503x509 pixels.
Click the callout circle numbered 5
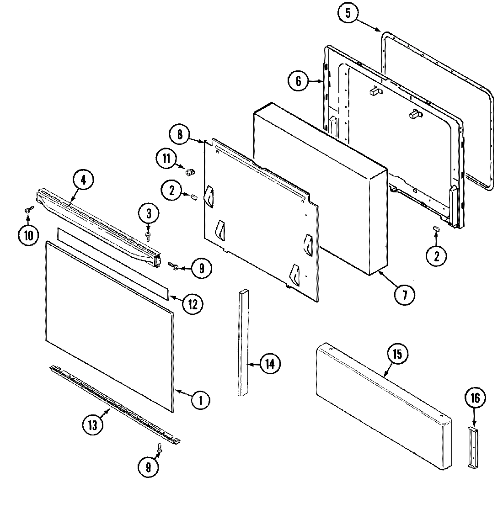[x=349, y=14]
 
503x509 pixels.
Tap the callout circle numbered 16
[x=475, y=398]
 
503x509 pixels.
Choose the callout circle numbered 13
[x=93, y=425]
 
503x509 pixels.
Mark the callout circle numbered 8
[x=180, y=134]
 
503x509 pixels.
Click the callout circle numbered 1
[x=200, y=401]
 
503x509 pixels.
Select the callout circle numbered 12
[x=193, y=303]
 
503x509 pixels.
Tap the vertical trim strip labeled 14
[x=242, y=343]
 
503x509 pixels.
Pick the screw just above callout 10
[x=28, y=210]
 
